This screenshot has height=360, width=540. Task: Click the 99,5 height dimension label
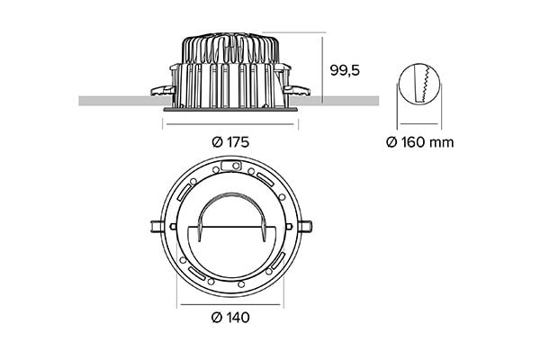pos(346,69)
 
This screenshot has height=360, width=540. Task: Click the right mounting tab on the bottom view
pos(308,226)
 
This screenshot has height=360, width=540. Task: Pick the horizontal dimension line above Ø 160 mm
pos(418,123)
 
